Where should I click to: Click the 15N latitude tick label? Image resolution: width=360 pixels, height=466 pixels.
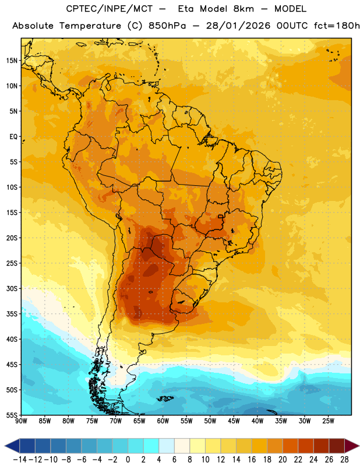[x=12, y=61]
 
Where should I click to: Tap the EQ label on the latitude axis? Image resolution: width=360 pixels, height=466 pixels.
[x=13, y=137]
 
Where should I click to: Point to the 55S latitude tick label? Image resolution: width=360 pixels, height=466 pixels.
[x=12, y=415]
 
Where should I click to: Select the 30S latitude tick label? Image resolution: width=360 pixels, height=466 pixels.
[x=12, y=288]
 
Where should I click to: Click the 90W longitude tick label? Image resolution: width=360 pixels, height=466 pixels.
[x=21, y=421]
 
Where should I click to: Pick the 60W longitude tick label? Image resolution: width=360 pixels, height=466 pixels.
[x=163, y=421]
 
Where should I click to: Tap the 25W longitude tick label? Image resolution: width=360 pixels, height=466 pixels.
[x=328, y=421]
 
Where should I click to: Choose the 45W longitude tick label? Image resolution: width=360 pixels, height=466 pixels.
[x=234, y=421]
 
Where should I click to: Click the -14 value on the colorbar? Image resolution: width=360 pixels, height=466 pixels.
[x=20, y=460]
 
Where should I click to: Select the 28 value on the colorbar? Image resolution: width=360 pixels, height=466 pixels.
[x=344, y=460]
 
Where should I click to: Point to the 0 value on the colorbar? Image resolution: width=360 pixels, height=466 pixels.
[x=128, y=460]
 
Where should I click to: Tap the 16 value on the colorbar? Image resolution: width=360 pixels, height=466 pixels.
[x=252, y=460]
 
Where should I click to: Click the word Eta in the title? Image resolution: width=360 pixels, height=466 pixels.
[x=186, y=9]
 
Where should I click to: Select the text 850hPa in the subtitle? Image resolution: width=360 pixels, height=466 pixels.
[x=167, y=26]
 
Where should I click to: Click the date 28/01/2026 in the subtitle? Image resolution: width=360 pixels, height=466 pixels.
[x=238, y=26]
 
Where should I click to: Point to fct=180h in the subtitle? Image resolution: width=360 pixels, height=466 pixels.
[x=337, y=26]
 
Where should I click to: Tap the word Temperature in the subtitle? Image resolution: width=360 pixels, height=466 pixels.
[x=90, y=26]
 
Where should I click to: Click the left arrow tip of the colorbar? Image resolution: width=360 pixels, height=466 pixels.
[x=5, y=446]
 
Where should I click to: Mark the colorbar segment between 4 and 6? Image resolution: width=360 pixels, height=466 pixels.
[x=167, y=446]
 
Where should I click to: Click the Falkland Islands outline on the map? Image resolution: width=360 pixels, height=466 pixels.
[x=165, y=398]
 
